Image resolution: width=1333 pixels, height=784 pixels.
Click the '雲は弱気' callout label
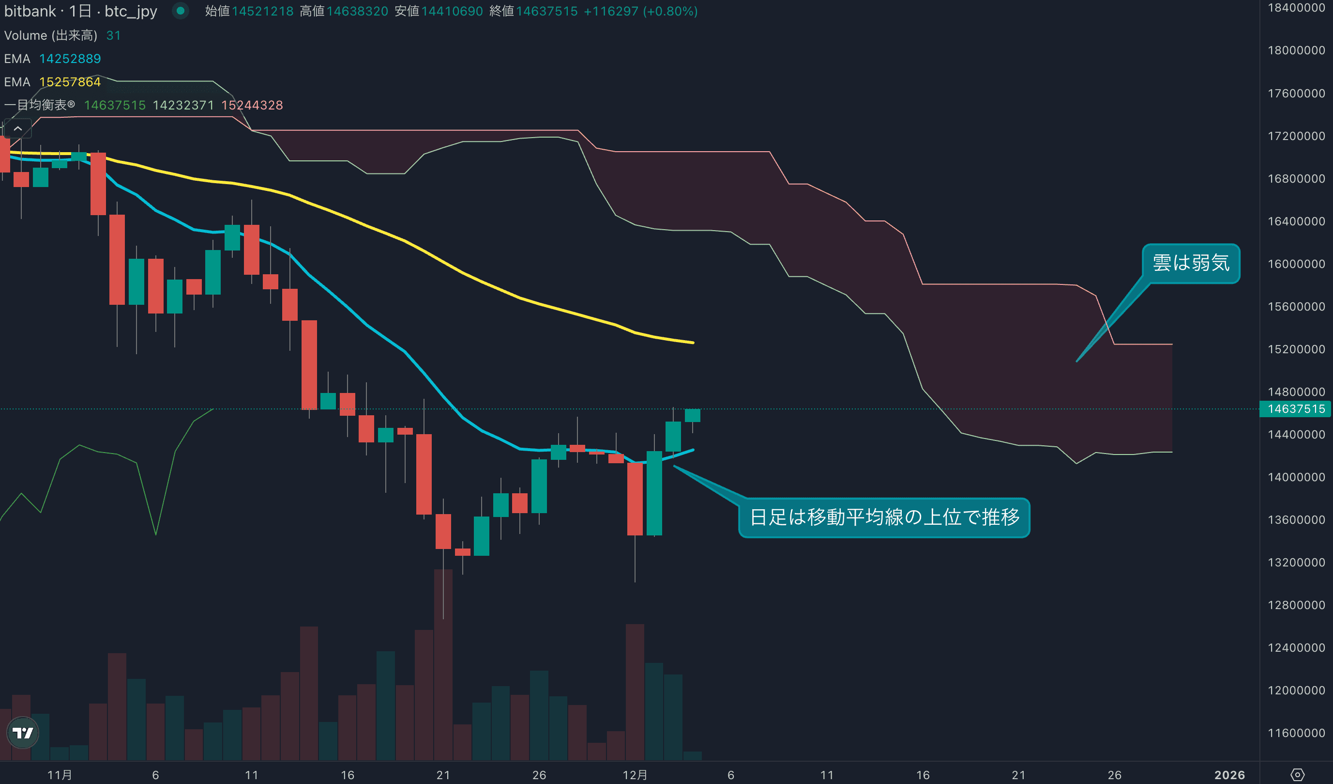pos(1191,263)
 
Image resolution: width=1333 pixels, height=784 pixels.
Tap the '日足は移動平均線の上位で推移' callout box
pos(884,517)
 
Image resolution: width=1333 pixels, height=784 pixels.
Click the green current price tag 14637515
pos(1296,408)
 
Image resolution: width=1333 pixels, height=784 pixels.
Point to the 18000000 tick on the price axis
pos(1296,50)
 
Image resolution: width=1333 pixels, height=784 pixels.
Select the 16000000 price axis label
pos(1296,264)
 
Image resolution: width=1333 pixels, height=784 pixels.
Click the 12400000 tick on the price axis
pos(1296,647)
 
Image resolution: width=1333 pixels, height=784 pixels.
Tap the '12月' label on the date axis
pos(635,775)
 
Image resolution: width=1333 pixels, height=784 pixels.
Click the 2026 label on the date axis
pos(1229,775)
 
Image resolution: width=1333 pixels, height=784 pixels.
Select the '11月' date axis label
pos(59,775)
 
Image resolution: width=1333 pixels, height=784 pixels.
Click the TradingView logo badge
pos(23,733)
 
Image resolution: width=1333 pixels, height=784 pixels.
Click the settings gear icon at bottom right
pos(1297,775)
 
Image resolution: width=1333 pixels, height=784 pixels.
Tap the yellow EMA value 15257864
pos(70,82)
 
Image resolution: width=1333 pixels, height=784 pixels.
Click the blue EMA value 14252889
pos(70,59)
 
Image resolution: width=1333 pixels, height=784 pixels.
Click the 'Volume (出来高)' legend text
pos(51,35)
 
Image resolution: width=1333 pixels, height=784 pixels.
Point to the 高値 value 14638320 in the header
pos(357,11)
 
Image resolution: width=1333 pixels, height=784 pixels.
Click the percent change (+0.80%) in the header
pos(670,11)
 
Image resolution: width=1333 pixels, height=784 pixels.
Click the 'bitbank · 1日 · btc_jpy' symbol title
pos(80,11)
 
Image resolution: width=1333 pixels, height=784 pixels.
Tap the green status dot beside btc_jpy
pos(181,11)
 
